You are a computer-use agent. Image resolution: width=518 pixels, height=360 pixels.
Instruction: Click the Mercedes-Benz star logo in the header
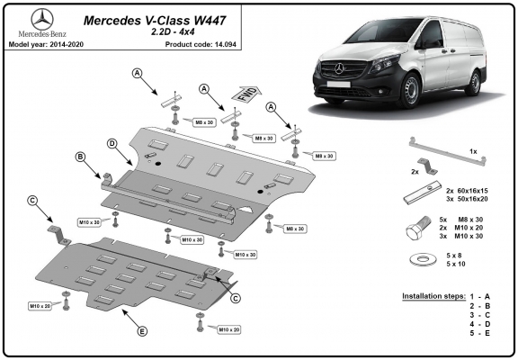coord(42,20)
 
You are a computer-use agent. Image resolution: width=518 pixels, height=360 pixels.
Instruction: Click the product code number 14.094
coord(226,45)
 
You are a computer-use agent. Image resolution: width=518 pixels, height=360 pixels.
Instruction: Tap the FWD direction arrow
coord(246,94)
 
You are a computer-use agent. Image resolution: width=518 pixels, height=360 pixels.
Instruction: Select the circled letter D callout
coord(112,143)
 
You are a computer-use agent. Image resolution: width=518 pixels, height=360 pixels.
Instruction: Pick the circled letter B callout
coord(80,157)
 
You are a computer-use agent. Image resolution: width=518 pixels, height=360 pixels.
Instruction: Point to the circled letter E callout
coord(142,331)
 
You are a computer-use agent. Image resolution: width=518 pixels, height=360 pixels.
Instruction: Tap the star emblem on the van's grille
coord(339,68)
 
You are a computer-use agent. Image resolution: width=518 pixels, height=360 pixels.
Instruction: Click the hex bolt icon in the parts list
coord(418,228)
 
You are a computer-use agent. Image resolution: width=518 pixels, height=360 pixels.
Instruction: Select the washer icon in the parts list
coord(423,259)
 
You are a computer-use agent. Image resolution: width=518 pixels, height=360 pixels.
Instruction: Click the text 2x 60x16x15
coord(467,191)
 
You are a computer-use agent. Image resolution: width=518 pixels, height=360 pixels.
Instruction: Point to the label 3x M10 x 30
coord(461,236)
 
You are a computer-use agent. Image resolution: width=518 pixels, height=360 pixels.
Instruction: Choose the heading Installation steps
coord(433,296)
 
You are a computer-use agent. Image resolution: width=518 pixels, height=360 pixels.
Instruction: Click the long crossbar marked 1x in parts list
coord(448,152)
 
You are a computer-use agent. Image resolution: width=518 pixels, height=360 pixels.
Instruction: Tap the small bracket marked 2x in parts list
coord(427,166)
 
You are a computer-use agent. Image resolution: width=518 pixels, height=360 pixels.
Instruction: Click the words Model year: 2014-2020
coord(46,45)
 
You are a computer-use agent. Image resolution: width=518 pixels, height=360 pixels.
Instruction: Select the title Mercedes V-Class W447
coord(155,21)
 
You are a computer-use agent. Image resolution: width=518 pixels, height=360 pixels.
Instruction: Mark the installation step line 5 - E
coord(480,333)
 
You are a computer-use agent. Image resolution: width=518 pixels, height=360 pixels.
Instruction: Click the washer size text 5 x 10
coord(456,264)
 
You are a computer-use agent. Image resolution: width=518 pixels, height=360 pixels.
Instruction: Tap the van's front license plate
coord(338,84)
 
